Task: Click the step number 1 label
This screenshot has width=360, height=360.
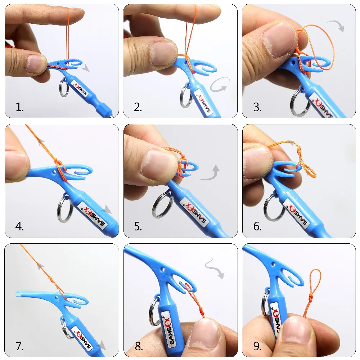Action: [x=19, y=107]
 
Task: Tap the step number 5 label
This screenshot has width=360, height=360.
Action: [x=138, y=226]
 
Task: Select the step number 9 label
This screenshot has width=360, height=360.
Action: [x=257, y=346]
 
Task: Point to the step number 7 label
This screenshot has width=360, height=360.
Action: [x=19, y=346]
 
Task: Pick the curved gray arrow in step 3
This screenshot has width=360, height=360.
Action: [x=336, y=26]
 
